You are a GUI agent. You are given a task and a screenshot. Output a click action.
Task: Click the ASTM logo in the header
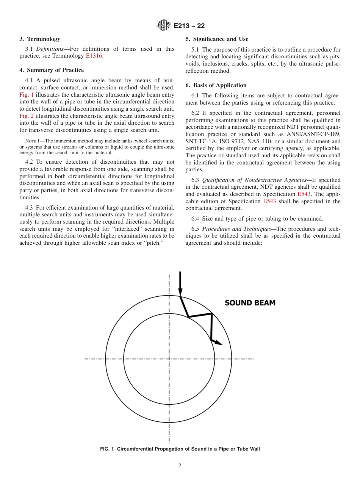[163, 26]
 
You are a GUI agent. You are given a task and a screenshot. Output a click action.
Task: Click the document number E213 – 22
[189, 26]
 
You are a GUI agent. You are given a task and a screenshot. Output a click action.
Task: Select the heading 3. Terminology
[40, 39]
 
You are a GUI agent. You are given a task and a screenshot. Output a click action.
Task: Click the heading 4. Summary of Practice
[52, 70]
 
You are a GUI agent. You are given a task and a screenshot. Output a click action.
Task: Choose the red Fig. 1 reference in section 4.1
[27, 94]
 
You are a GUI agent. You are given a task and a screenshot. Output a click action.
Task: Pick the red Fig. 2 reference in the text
[27, 116]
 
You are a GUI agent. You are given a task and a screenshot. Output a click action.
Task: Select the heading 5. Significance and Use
[217, 39]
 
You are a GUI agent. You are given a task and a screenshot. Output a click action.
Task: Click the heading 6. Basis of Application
[216, 85]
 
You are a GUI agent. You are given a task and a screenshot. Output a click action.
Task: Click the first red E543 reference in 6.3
[304, 194]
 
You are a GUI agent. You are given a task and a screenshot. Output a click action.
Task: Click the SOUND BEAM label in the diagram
[250, 303]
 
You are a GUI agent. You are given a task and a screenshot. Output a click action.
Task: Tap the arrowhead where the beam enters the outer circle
[180, 293]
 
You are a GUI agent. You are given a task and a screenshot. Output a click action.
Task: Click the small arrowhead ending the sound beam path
[219, 343]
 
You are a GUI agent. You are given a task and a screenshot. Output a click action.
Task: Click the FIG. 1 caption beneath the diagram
[180, 449]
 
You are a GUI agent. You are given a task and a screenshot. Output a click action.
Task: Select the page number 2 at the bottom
[180, 466]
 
